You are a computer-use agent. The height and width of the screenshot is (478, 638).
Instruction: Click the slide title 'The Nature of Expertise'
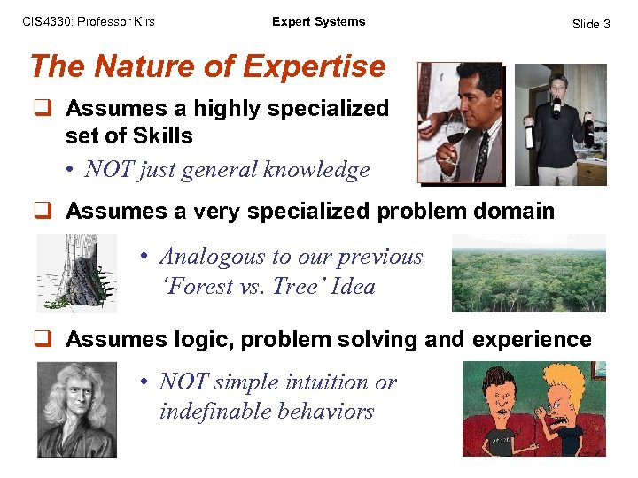click(207, 66)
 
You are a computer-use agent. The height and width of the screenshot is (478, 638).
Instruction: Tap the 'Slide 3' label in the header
click(591, 24)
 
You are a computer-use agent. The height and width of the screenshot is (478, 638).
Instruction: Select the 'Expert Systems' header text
click(318, 22)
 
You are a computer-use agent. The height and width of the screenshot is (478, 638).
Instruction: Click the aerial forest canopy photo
click(528, 273)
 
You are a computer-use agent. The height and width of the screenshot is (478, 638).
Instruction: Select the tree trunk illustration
click(76, 273)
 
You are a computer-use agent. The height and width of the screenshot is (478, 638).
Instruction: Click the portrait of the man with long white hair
click(76, 409)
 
